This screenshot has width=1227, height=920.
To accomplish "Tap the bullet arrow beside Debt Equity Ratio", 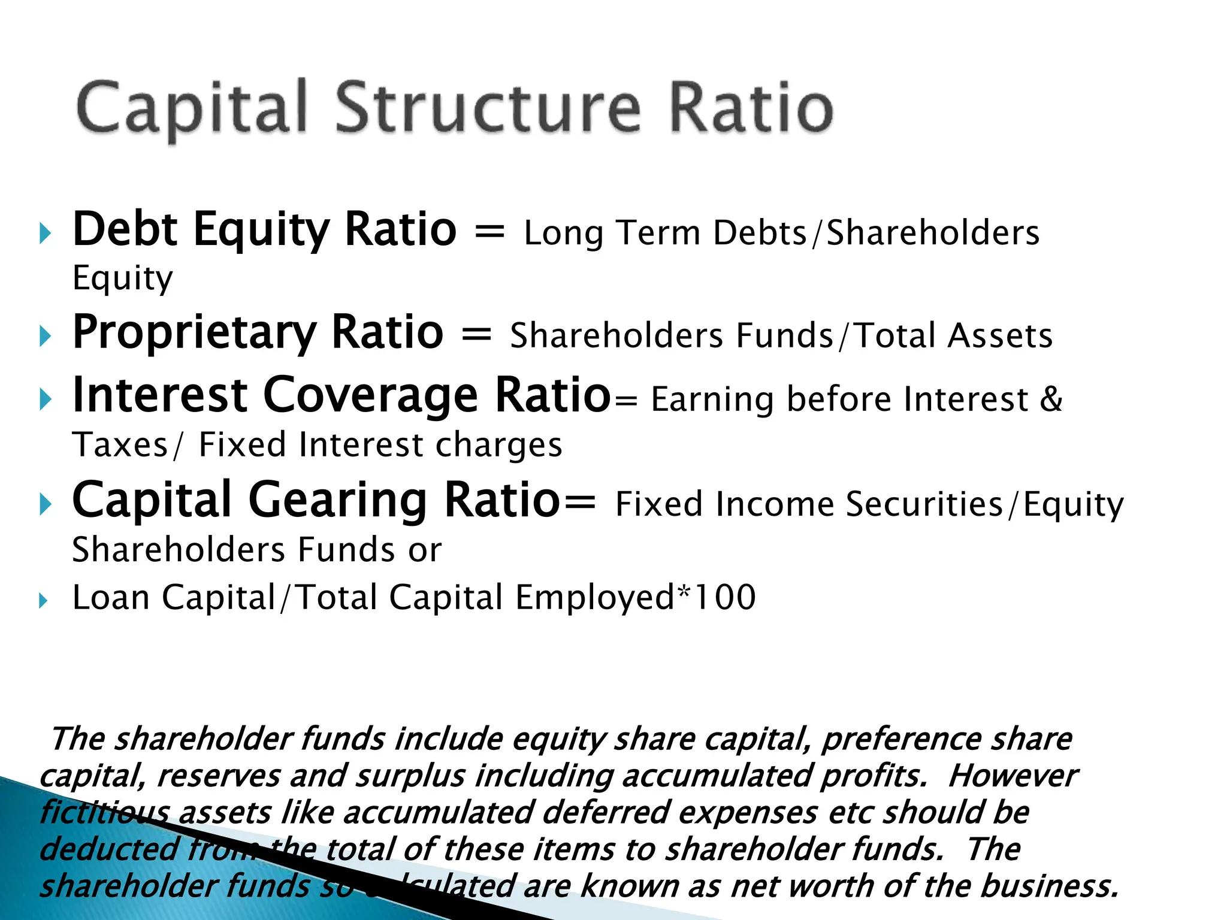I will click(46, 233).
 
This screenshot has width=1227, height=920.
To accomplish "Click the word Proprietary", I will click(194, 333).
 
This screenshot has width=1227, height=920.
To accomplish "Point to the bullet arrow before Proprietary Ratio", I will click(46, 336).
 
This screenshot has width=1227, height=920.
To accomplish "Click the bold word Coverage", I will click(370, 396).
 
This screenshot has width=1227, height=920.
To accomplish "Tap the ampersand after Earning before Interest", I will click(1051, 399).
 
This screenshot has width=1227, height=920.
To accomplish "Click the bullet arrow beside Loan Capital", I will click(43, 600).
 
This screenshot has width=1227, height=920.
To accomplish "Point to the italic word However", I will click(1013, 776).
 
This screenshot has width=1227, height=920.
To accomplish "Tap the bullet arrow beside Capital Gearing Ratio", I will click(46, 504).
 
